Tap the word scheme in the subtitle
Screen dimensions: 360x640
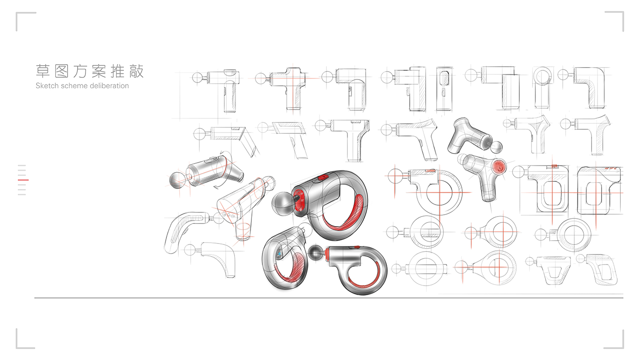75,86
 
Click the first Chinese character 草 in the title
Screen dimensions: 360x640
43,71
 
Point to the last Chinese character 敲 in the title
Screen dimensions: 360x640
136,71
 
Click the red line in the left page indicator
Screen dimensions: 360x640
23,180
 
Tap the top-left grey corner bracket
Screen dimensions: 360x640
20,16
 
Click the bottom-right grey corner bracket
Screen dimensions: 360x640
619,344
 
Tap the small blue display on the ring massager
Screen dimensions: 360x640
278,254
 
